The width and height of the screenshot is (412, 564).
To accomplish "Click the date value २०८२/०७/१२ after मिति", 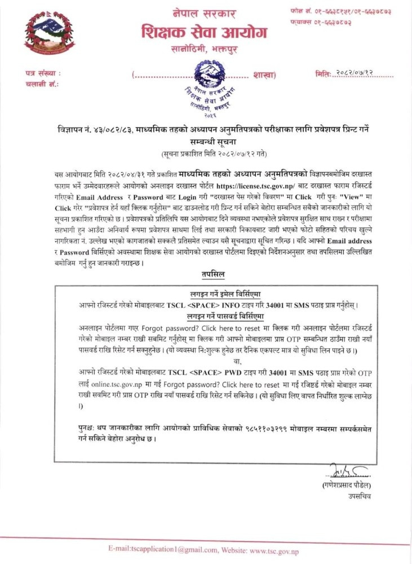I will (364, 74).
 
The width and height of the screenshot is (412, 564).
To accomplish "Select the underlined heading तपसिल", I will (214, 275).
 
